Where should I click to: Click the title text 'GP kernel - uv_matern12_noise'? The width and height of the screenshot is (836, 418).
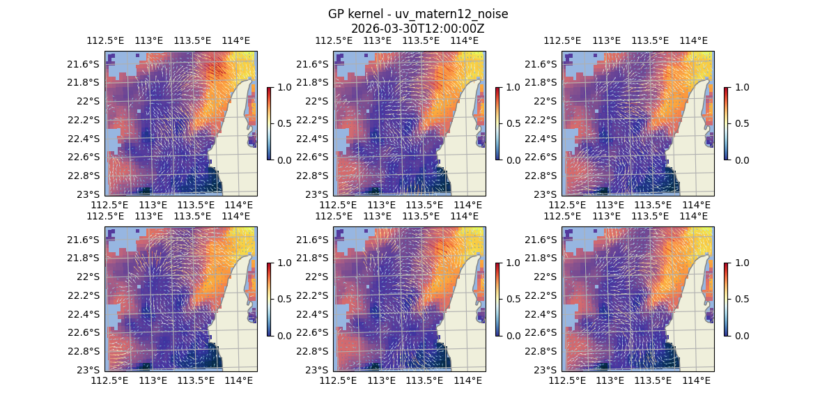pos(417,14)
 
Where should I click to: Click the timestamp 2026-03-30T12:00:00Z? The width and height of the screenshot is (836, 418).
pos(417,29)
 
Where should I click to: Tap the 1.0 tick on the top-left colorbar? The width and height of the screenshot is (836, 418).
pos(283,87)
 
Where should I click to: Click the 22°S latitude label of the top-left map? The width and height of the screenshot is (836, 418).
pos(88,101)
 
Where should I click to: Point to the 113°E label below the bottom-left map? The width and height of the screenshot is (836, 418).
pos(153,380)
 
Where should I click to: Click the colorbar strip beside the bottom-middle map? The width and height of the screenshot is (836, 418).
pos(498,299)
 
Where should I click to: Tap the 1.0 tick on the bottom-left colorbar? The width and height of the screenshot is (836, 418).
pos(283,263)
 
